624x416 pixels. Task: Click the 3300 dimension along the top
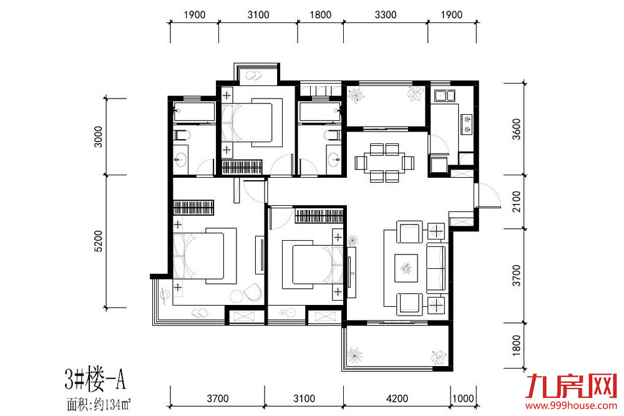pos(385,15)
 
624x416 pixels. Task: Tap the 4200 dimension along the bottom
pos(397,399)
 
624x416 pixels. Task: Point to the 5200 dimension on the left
pos(99,241)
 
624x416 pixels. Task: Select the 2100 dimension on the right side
pos(516,201)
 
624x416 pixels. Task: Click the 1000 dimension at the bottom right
pos(463,399)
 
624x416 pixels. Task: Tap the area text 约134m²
pos(112,405)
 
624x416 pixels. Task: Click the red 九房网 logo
pos(571,386)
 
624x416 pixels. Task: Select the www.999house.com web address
pos(571,405)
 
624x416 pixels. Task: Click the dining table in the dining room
pos(384,163)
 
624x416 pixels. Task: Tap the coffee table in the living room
pos(406,268)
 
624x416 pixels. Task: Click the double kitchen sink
pos(444,96)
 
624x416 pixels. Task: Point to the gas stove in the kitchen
pos(466,123)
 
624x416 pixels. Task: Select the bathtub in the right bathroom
pos(320,112)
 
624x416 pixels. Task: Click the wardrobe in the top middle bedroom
pos(242,167)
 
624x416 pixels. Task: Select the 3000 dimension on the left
pos(99,137)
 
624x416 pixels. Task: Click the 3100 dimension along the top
pos(258,15)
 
